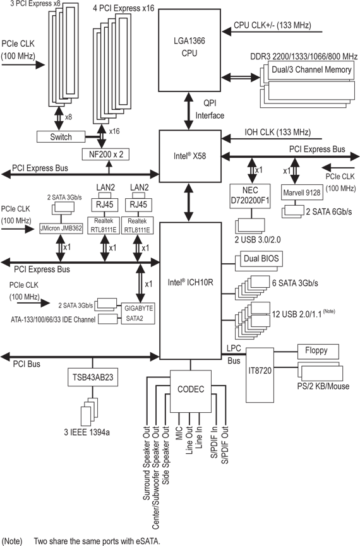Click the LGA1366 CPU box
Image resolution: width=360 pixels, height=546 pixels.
click(189, 50)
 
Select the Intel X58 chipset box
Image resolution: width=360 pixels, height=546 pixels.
click(190, 157)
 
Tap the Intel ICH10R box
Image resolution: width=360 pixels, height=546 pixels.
click(190, 291)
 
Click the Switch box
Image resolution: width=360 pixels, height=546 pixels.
click(61, 136)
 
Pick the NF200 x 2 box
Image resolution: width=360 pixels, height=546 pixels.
click(105, 154)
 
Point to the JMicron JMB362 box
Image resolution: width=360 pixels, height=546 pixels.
click(61, 228)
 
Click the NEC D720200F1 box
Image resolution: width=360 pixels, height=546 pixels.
click(250, 196)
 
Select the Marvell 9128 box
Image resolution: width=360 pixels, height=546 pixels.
click(302, 193)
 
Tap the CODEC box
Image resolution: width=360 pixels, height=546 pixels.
click(191, 391)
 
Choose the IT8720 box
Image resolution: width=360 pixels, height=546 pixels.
click(260, 376)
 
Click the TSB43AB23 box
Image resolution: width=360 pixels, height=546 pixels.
click(93, 377)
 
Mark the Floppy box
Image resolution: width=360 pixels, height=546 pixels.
click(318, 352)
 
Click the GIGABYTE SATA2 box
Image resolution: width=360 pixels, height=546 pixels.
click(138, 313)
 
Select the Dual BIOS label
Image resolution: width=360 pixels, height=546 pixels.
click(261, 258)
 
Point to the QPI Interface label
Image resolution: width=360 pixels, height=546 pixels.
click(210, 109)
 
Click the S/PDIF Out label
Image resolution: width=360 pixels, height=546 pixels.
click(225, 445)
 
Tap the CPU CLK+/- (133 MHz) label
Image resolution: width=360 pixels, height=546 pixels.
click(273, 25)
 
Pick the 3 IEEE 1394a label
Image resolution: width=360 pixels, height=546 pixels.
click(87, 432)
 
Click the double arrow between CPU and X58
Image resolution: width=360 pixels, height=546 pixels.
click(189, 111)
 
